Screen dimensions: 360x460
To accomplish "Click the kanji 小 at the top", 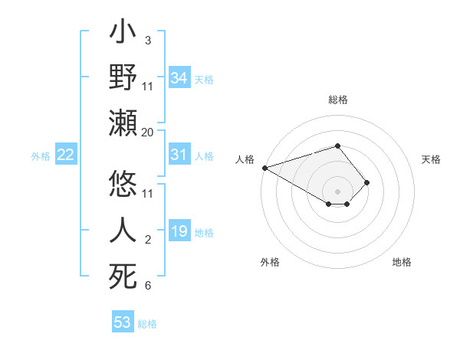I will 123,35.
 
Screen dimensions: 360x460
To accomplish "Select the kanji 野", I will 123,77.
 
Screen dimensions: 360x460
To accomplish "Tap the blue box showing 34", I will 179,77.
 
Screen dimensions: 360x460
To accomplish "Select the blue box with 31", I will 179,155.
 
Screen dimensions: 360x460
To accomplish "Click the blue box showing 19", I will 179,231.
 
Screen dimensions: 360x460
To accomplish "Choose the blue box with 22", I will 66,155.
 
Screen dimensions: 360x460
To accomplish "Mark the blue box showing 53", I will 123,322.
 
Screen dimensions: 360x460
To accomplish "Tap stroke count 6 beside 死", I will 147,286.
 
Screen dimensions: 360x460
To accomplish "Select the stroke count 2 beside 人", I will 147,240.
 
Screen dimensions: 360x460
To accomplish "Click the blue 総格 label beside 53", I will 147,324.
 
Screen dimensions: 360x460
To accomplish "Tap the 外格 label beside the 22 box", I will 41,156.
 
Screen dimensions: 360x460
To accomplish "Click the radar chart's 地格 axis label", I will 402,262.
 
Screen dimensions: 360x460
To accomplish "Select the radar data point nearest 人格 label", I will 264,168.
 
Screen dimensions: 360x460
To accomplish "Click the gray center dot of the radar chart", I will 337,191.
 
